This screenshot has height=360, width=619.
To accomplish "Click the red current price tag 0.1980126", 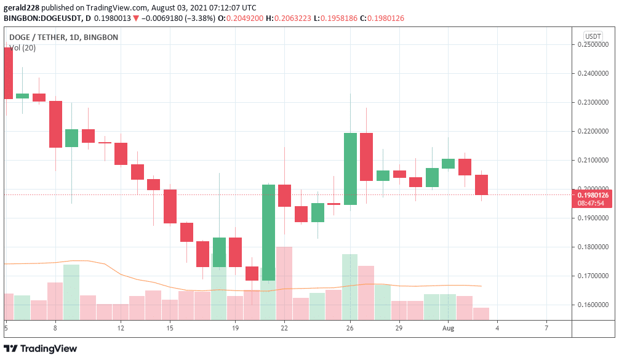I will [593, 195].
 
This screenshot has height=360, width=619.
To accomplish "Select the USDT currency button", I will [593, 36].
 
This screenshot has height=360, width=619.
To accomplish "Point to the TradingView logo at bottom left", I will [41, 348].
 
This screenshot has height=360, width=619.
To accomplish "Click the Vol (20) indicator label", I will [22, 47].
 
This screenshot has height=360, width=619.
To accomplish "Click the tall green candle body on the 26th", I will [350, 169].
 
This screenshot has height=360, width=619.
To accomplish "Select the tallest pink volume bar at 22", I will [284, 283].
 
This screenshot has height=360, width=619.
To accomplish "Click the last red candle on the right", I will [482, 185].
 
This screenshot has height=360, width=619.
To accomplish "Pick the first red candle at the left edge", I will [8, 73].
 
